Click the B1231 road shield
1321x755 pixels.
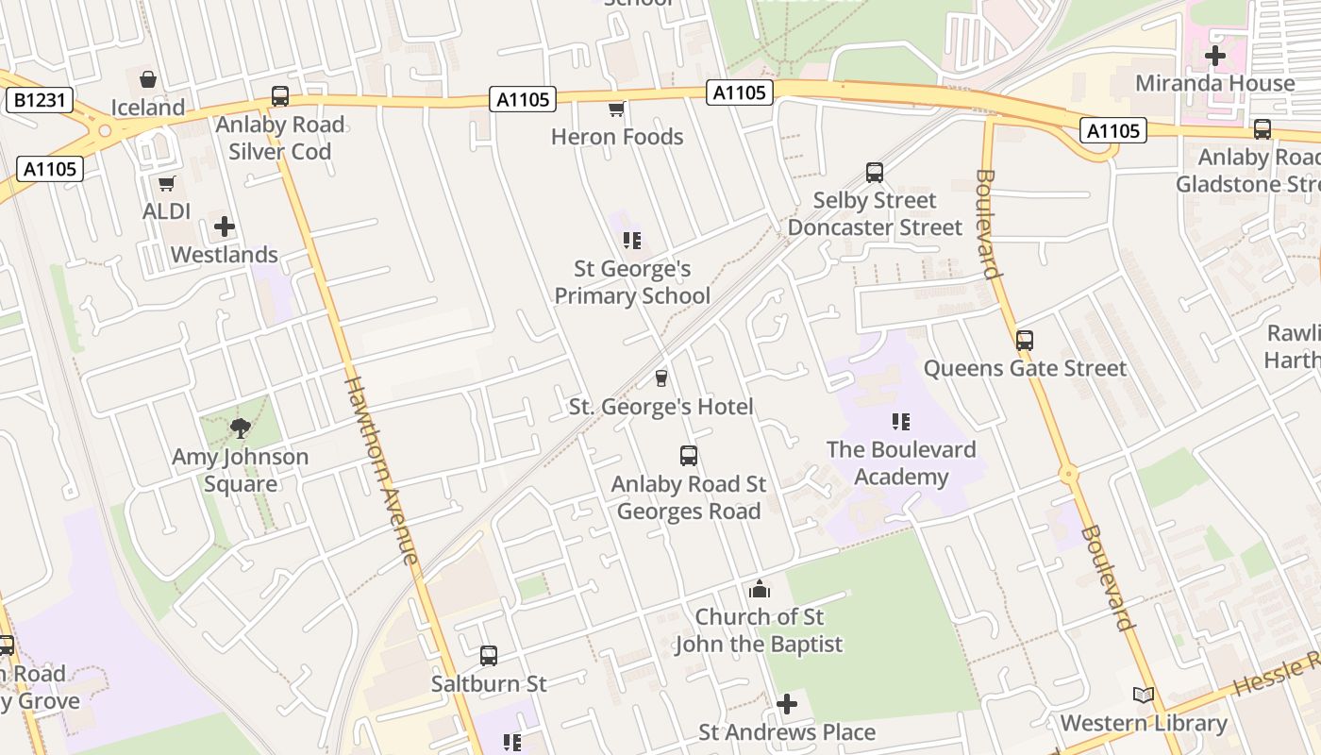39,100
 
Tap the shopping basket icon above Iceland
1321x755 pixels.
148,79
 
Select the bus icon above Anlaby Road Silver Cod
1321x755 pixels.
280,96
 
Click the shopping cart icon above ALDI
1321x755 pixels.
167,183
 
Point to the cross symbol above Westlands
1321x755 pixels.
225,226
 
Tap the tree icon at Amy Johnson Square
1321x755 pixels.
241,428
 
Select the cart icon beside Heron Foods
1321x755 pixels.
616,109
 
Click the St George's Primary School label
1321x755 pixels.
632,282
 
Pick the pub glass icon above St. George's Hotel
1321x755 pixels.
660,378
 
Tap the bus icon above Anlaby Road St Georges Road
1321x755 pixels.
689,456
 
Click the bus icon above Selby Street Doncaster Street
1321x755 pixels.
875,173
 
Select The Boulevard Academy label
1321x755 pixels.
901,462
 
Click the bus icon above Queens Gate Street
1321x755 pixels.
1025,341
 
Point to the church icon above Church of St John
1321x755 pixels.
760,591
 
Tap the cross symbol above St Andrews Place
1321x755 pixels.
787,705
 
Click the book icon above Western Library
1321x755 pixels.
1144,696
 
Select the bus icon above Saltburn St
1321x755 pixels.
489,655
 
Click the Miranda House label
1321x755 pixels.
1215,83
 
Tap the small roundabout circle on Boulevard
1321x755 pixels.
1068,474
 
